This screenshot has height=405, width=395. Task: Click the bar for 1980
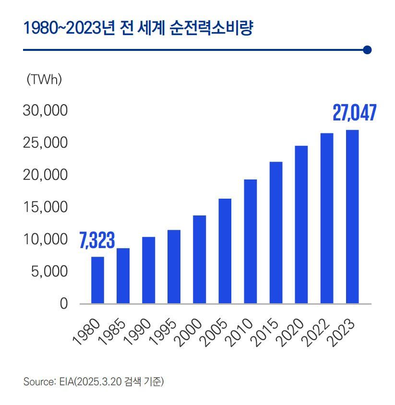tap(97, 280)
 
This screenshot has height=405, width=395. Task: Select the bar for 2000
tap(199, 260)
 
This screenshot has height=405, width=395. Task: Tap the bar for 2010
tap(250, 241)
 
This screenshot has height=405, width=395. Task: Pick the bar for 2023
tap(352, 217)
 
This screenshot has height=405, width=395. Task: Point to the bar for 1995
tap(174, 267)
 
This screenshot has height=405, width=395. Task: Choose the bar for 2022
tap(326, 218)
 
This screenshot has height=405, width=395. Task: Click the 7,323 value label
tap(97, 241)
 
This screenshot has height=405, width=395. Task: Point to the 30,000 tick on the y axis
tap(45, 111)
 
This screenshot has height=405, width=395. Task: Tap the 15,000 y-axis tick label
tap(45, 207)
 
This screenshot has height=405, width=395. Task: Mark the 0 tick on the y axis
tap(63, 304)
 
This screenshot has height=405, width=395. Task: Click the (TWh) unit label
tap(44, 80)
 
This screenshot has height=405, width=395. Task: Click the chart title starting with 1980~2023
tap(138, 29)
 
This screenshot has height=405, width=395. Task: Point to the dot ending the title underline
tap(368, 50)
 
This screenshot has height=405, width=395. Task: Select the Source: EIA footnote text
tap(94, 382)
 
